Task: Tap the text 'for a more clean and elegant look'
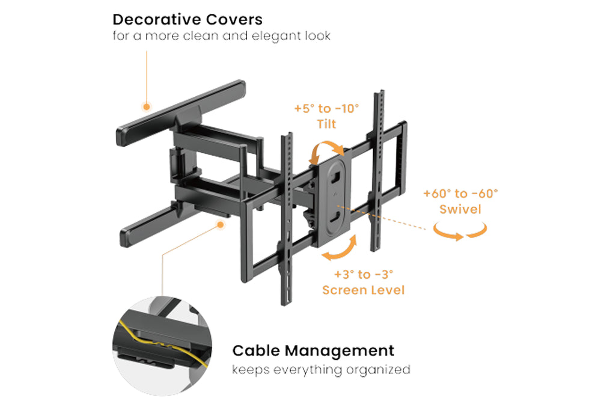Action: pos(222,37)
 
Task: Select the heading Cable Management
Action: pos(313,350)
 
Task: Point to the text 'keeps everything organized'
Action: pos(321,369)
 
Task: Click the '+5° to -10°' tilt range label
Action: pos(326,109)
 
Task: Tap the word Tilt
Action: pos(326,124)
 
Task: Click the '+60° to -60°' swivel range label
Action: pos(460,194)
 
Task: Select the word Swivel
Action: pos(460,209)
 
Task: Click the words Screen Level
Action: pos(363,290)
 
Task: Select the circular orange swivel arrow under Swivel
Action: pos(460,232)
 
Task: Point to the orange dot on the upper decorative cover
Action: pos(146,106)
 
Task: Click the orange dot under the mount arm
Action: pos(221,224)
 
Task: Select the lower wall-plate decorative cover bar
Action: pos(150,225)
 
